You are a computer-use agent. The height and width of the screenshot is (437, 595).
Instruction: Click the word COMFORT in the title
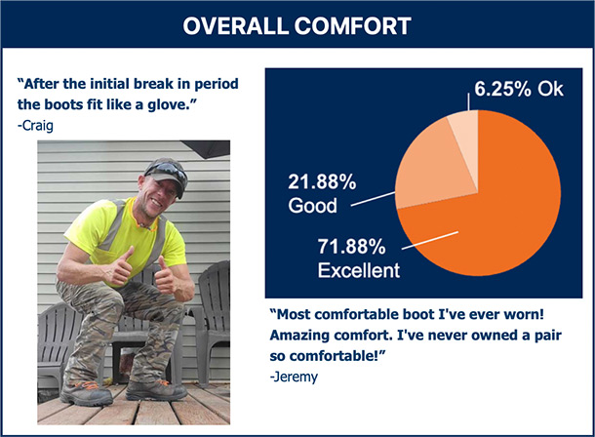pyautogui.click(x=352, y=25)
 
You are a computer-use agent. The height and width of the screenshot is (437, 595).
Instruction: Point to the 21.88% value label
pyautogui.click(x=322, y=181)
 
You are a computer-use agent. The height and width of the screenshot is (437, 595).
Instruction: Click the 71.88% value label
pyautogui.click(x=351, y=247)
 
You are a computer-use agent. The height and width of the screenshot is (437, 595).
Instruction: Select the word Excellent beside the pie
pyautogui.click(x=359, y=270)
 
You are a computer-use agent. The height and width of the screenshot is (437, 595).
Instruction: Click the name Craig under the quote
pyautogui.click(x=37, y=126)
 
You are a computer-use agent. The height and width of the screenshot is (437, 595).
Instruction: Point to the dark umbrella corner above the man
pyautogui.click(x=206, y=148)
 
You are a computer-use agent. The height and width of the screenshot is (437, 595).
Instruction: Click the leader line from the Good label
pyautogui.click(x=373, y=199)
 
